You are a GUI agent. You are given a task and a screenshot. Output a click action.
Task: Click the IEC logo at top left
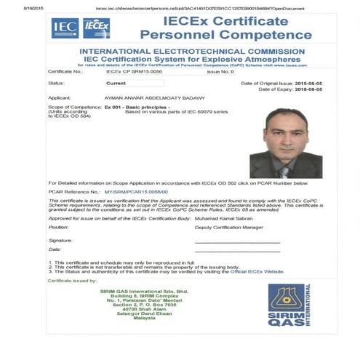tap(65, 28)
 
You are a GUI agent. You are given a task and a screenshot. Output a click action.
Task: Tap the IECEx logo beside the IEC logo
tap(96, 28)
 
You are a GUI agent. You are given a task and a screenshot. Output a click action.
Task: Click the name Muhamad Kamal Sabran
tap(223, 217)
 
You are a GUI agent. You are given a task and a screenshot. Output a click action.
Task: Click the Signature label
tap(60, 240)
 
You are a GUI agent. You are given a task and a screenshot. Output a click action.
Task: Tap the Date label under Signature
tap(55, 249)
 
